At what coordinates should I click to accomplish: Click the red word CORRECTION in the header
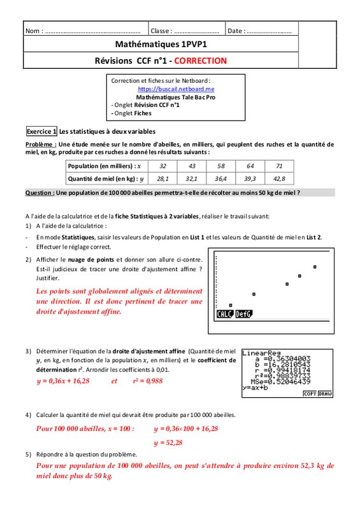pos(200,61)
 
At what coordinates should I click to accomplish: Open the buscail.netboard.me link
pos(176,89)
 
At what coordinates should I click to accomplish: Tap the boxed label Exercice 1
pos(41,131)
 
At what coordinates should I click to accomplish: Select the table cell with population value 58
pos(221,166)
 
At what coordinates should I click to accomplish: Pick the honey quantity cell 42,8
pos(279,178)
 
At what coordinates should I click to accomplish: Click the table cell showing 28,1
pos(162,178)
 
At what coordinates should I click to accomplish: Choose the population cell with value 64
pos(250,166)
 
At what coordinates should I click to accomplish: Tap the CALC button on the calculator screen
pos(225,314)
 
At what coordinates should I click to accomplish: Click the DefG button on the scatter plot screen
pos(243,314)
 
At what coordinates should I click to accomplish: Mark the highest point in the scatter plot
pos(315,267)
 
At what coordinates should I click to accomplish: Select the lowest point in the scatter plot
pos(231,305)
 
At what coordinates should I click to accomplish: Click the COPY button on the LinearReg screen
pos(310,393)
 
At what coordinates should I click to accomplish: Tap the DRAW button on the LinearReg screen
pos(325,393)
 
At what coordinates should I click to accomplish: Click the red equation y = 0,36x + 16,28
pos(63,381)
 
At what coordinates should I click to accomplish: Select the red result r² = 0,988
pos(148,381)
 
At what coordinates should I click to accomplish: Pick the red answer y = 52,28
pos(168,442)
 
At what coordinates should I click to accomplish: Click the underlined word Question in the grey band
pos(40,193)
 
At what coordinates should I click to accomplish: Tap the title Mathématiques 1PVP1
pos(161,44)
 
